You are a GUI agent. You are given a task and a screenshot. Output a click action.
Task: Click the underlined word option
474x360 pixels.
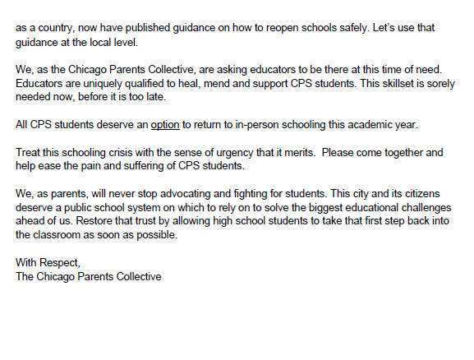(x=165, y=126)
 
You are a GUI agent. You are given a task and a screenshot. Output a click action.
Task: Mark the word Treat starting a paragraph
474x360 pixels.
(x=29, y=153)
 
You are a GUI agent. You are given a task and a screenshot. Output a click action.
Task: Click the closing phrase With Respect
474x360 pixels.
(x=48, y=262)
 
